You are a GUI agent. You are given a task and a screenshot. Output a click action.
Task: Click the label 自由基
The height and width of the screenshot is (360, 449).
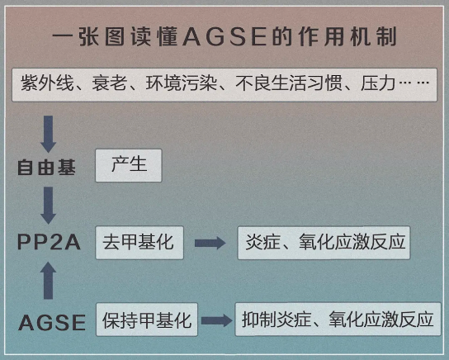point(46,168)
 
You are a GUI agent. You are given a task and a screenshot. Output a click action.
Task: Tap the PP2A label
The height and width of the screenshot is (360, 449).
point(49,242)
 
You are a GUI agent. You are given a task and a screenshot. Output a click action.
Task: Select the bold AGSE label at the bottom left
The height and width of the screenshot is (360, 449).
point(52,323)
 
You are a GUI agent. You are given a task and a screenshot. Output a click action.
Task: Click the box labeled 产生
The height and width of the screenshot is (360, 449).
point(129,165)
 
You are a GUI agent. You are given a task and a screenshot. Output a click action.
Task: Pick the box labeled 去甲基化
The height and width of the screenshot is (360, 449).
point(139,243)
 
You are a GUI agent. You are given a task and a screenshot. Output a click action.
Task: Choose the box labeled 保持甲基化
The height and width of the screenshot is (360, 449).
point(147,320)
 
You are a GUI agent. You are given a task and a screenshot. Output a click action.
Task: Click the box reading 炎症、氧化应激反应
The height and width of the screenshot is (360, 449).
point(324,243)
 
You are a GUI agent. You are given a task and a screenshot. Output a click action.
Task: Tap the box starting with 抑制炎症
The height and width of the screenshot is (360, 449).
point(338,319)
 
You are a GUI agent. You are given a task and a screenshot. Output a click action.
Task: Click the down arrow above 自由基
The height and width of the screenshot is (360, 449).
point(48,134)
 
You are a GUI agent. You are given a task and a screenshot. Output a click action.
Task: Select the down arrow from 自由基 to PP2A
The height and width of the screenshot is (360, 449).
point(48,205)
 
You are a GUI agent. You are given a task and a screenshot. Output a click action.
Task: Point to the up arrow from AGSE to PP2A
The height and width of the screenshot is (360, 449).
point(48,281)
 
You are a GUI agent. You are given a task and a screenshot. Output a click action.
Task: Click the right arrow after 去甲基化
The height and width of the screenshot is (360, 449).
point(210,243)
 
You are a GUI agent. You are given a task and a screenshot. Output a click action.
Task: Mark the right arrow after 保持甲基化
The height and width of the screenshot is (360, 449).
point(217,320)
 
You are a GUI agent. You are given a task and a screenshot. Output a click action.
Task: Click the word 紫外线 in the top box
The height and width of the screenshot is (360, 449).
point(48,83)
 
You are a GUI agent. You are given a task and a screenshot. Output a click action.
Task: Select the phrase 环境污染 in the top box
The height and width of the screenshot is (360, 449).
point(181,83)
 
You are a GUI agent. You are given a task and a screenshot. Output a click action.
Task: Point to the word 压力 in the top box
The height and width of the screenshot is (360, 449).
point(378,83)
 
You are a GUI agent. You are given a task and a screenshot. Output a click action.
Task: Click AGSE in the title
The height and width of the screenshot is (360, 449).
point(224,37)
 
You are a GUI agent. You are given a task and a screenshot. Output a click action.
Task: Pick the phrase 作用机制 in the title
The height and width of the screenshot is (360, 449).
point(347,37)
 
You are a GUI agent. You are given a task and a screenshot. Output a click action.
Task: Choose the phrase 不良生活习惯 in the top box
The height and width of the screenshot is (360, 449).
point(289,83)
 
